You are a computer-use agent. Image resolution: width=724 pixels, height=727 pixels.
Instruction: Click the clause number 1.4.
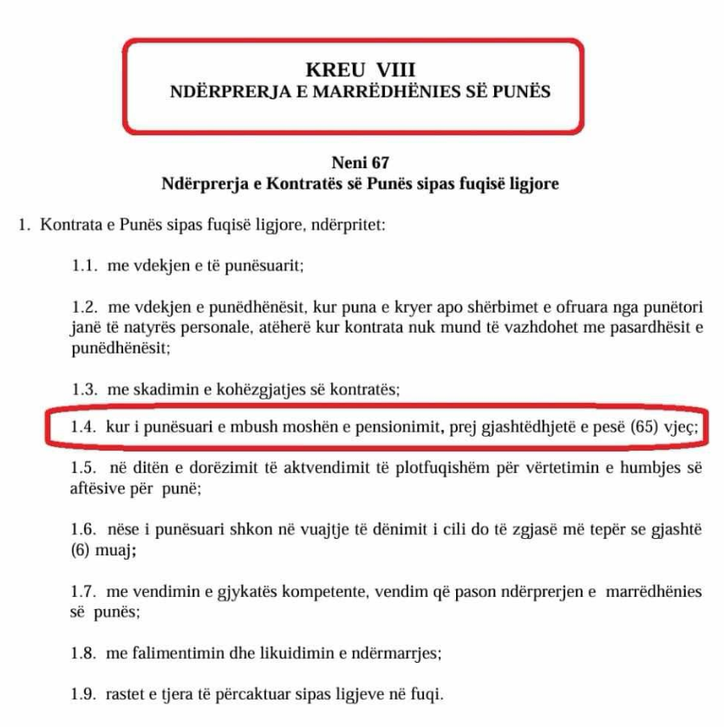83,428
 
